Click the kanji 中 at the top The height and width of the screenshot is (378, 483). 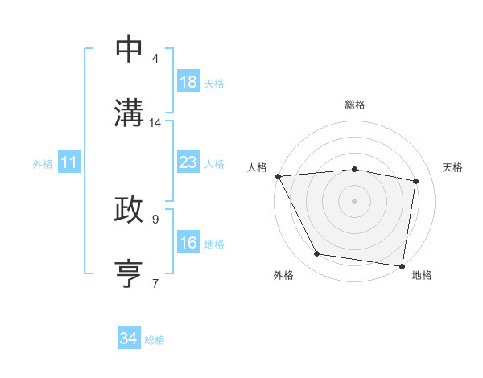130,48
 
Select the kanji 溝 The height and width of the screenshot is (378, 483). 130,113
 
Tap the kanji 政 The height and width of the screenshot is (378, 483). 130,209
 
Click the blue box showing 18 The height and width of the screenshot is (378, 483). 188,82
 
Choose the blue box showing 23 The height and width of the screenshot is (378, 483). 188,163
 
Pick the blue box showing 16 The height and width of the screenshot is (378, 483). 188,243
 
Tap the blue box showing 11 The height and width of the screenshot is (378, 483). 69,163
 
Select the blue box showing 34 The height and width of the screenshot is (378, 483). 129,339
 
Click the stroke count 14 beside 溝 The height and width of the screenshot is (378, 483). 155,123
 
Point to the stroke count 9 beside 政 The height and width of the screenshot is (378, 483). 155,218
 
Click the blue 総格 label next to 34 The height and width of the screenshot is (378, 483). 155,340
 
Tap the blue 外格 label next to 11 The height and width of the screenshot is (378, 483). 43,164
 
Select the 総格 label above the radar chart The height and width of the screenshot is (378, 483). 355,105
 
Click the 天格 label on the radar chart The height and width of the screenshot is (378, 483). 453,167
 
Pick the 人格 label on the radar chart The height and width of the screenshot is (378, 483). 256,167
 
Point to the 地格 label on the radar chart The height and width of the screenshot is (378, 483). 422,275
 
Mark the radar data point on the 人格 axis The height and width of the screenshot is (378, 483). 278,176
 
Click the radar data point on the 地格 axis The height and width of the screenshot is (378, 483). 402,265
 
